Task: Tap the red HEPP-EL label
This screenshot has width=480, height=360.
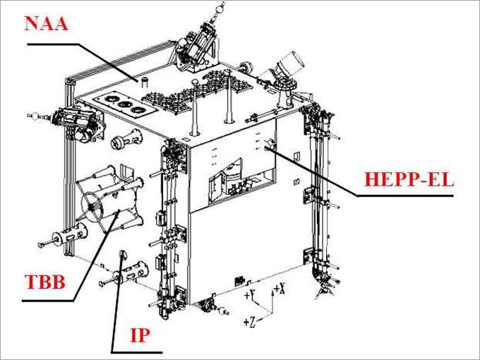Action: pyautogui.click(x=409, y=179)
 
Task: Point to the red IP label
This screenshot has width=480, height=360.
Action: pyautogui.click(x=141, y=335)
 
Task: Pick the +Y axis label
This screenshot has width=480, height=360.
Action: pyautogui.click(x=249, y=295)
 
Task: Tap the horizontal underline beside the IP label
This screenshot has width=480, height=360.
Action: pyautogui.click(x=138, y=351)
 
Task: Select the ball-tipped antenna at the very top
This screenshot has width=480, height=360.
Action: pyautogui.click(x=218, y=9)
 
